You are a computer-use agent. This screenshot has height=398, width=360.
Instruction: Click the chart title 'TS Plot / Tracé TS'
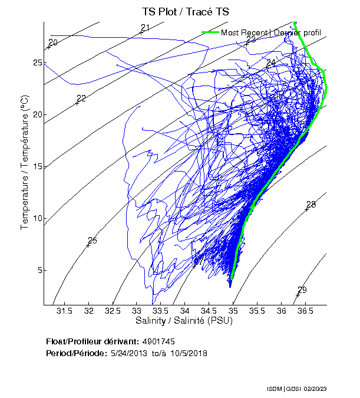[186, 12]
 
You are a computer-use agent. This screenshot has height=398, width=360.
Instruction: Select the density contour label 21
[145, 28]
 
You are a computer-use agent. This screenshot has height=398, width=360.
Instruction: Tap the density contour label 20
[53, 43]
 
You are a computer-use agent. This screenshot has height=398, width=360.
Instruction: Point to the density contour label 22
[81, 98]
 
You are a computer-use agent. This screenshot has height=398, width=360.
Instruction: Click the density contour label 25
[92, 241]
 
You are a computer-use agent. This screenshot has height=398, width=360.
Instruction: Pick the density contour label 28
[311, 205]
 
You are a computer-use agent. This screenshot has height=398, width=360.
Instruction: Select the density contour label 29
[302, 290]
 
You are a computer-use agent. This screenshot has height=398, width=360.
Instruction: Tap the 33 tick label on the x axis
[137, 311]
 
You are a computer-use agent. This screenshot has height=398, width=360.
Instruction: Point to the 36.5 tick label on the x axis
[305, 311]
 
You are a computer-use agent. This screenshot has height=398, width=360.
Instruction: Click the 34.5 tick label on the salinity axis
[209, 311]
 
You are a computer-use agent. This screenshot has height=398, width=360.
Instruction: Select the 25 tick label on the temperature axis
[37, 63]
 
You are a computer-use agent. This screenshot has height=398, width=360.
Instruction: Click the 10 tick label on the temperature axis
[37, 219]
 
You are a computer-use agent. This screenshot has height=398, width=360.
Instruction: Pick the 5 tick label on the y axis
[39, 271]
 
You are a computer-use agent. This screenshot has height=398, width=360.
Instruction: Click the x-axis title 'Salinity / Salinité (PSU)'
[185, 321]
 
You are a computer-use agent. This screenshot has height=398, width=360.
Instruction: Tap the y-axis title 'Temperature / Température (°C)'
[25, 164]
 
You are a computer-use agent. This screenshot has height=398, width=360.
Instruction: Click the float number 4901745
[158, 341]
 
